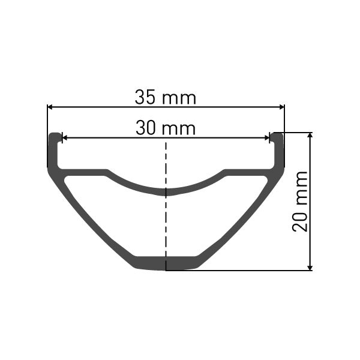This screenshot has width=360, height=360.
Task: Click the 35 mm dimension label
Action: coord(166,97)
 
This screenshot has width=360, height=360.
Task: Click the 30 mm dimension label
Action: coord(166,128)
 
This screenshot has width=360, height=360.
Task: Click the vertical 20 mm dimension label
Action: coord(300,201)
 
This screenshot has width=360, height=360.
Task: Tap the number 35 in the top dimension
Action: coord(146,97)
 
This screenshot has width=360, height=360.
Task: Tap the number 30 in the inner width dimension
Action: coord(146,128)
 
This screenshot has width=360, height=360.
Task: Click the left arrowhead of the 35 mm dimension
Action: coord(50,107)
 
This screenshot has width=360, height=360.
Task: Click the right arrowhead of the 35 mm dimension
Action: coord(281,107)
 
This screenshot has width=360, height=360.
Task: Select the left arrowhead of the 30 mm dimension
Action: coord(65,138)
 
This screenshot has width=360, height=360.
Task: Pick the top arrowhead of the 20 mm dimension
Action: coord(310,136)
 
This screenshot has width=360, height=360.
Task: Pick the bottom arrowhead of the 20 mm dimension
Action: coord(310,267)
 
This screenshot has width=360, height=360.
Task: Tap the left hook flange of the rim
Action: coord(54,150)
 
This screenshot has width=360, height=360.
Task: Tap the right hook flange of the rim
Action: coord(277,150)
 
